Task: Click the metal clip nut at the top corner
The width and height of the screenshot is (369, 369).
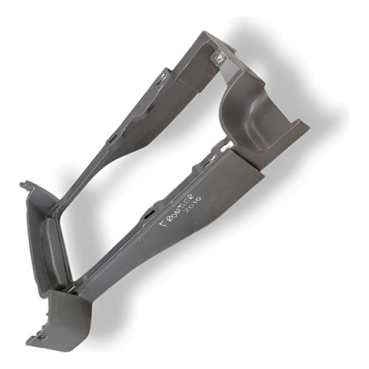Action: pyautogui.click(x=220, y=56)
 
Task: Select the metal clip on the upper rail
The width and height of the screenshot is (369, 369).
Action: pyautogui.click(x=164, y=77)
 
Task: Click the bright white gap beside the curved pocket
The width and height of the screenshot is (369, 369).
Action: pyautogui.click(x=226, y=145)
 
